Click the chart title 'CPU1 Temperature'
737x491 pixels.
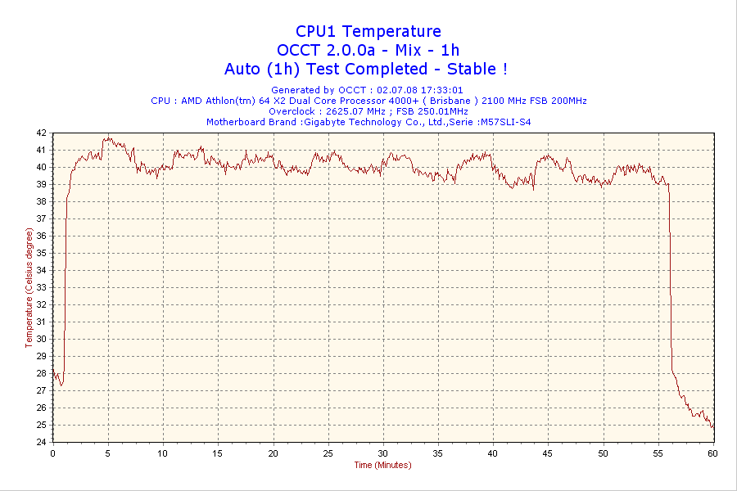(x=368, y=31)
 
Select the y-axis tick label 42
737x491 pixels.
(x=41, y=133)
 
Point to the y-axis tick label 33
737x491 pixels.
(x=41, y=287)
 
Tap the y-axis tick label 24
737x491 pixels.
(x=41, y=442)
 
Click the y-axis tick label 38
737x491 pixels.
(x=41, y=201)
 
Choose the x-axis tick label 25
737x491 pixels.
(x=328, y=453)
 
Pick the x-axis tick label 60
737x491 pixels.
(x=712, y=453)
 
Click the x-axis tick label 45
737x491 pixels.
(x=548, y=453)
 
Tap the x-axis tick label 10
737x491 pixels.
(x=163, y=453)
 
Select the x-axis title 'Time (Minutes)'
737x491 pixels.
(x=382, y=465)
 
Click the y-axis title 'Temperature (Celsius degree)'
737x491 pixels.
(x=29, y=287)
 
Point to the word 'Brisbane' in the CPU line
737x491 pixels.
(x=450, y=101)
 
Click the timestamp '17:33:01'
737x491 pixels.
(x=442, y=90)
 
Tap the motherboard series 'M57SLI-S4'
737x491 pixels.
(x=506, y=122)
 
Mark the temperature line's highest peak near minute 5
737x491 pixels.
(x=106, y=138)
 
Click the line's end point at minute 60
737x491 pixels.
(x=712, y=427)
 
